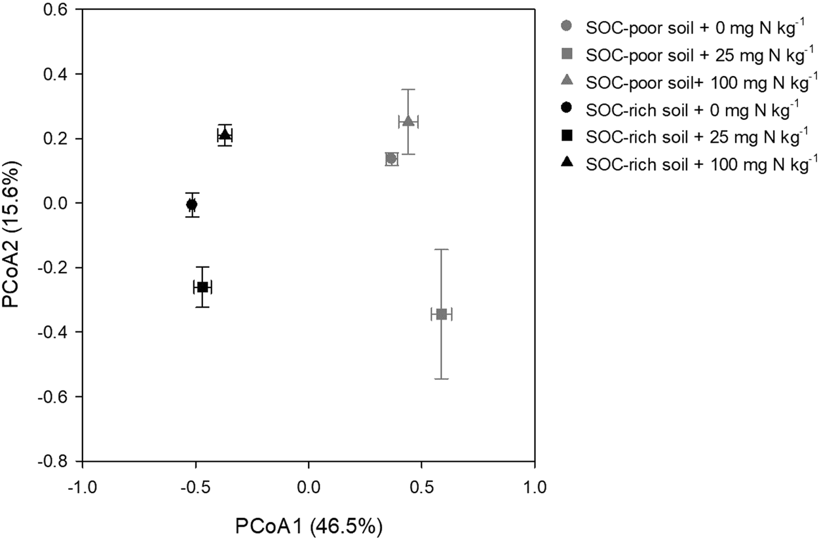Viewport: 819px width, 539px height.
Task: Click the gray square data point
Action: [x=441, y=314]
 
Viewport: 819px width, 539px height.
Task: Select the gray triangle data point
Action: [x=408, y=121]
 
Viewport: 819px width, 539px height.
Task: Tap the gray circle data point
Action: [x=391, y=158]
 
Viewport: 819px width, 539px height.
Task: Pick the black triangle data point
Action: [x=225, y=135]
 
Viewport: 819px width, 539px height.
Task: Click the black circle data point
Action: [x=191, y=204]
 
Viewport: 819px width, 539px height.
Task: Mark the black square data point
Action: [x=202, y=287]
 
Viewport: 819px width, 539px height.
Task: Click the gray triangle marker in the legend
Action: [x=567, y=81]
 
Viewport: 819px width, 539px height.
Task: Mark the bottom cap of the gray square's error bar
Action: [x=441, y=379]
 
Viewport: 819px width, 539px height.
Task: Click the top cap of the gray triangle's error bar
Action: [x=408, y=89]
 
